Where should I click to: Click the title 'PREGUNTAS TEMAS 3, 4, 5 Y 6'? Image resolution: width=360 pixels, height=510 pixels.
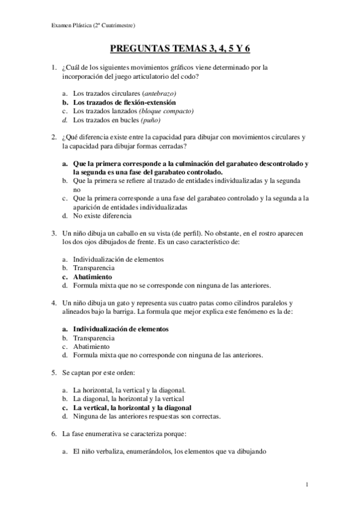coord(180,52)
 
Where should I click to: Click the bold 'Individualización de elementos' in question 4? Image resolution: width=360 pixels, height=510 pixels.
coord(120,329)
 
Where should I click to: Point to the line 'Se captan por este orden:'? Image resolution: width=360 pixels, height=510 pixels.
coord(102,373)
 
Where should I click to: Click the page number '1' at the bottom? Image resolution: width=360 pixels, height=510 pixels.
coord(307,484)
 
